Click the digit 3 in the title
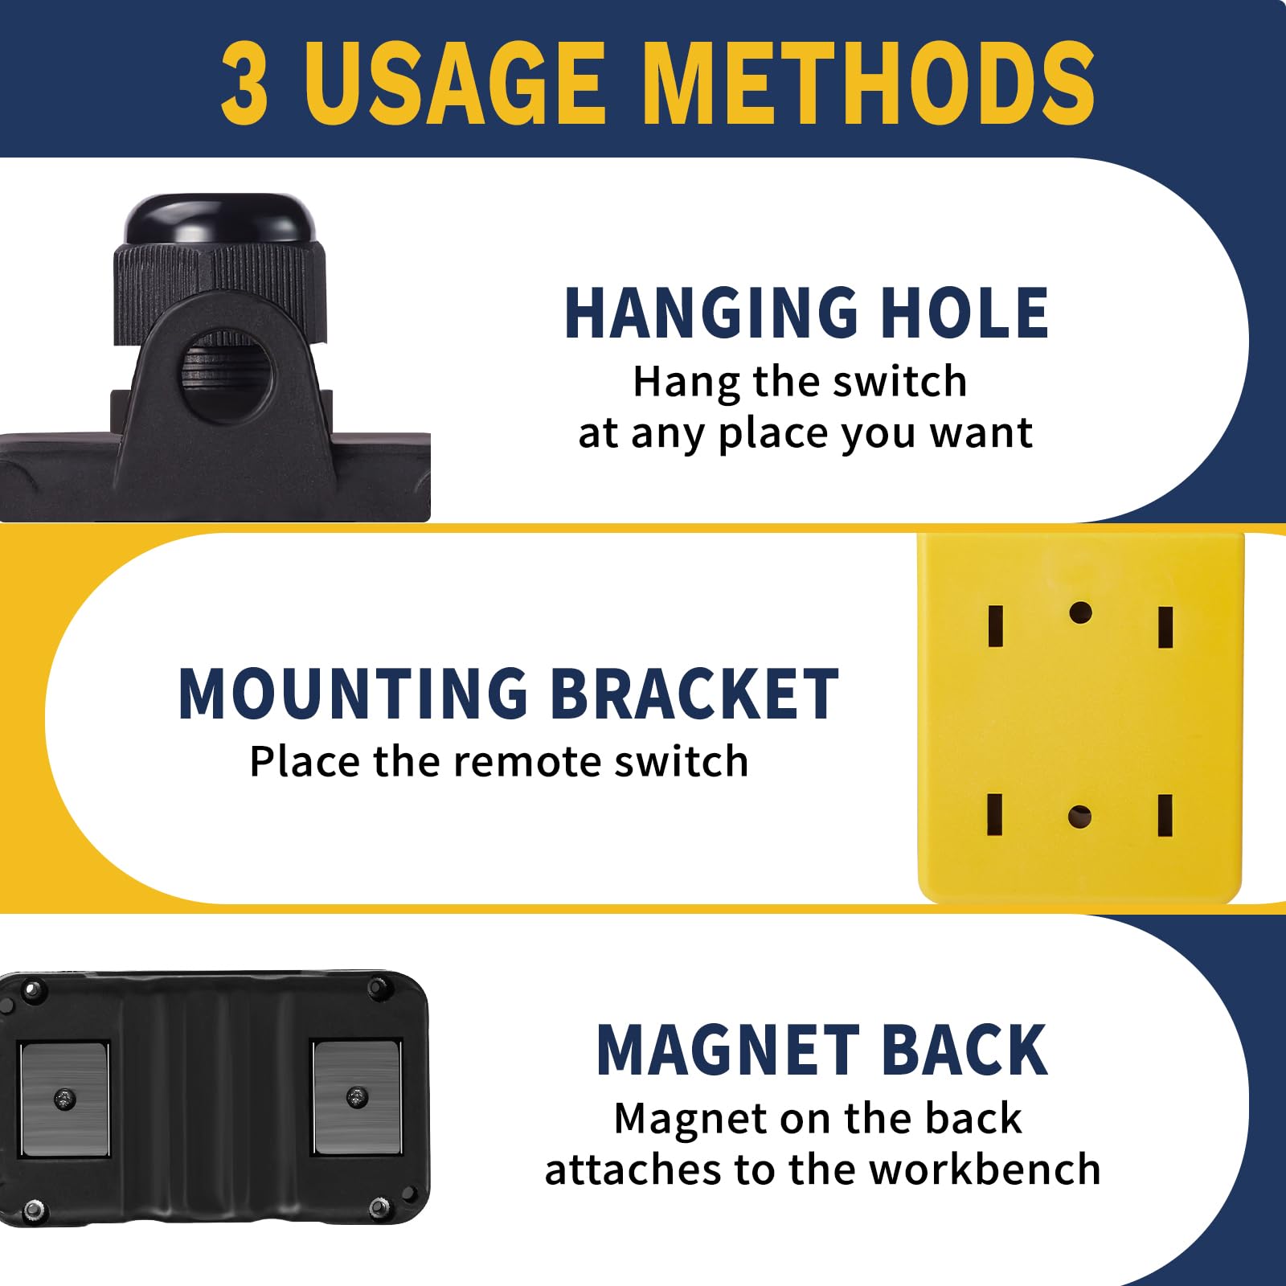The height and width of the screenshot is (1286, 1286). click(x=244, y=83)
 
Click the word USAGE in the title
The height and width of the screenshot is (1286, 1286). click(x=454, y=83)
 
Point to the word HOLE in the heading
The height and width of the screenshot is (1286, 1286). click(x=964, y=313)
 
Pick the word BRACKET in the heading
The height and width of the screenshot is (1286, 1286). click(x=696, y=694)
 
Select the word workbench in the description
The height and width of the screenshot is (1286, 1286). click(x=985, y=1169)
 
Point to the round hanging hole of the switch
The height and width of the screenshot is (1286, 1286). click(x=225, y=376)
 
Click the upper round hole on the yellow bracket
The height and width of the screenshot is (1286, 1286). click(x=1080, y=613)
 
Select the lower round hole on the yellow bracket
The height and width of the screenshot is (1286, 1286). click(x=1079, y=817)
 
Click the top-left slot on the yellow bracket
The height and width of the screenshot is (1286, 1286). click(x=996, y=626)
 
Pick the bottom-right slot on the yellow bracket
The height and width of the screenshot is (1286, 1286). click(x=1165, y=816)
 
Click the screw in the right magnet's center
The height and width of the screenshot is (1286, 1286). click(x=357, y=1096)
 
